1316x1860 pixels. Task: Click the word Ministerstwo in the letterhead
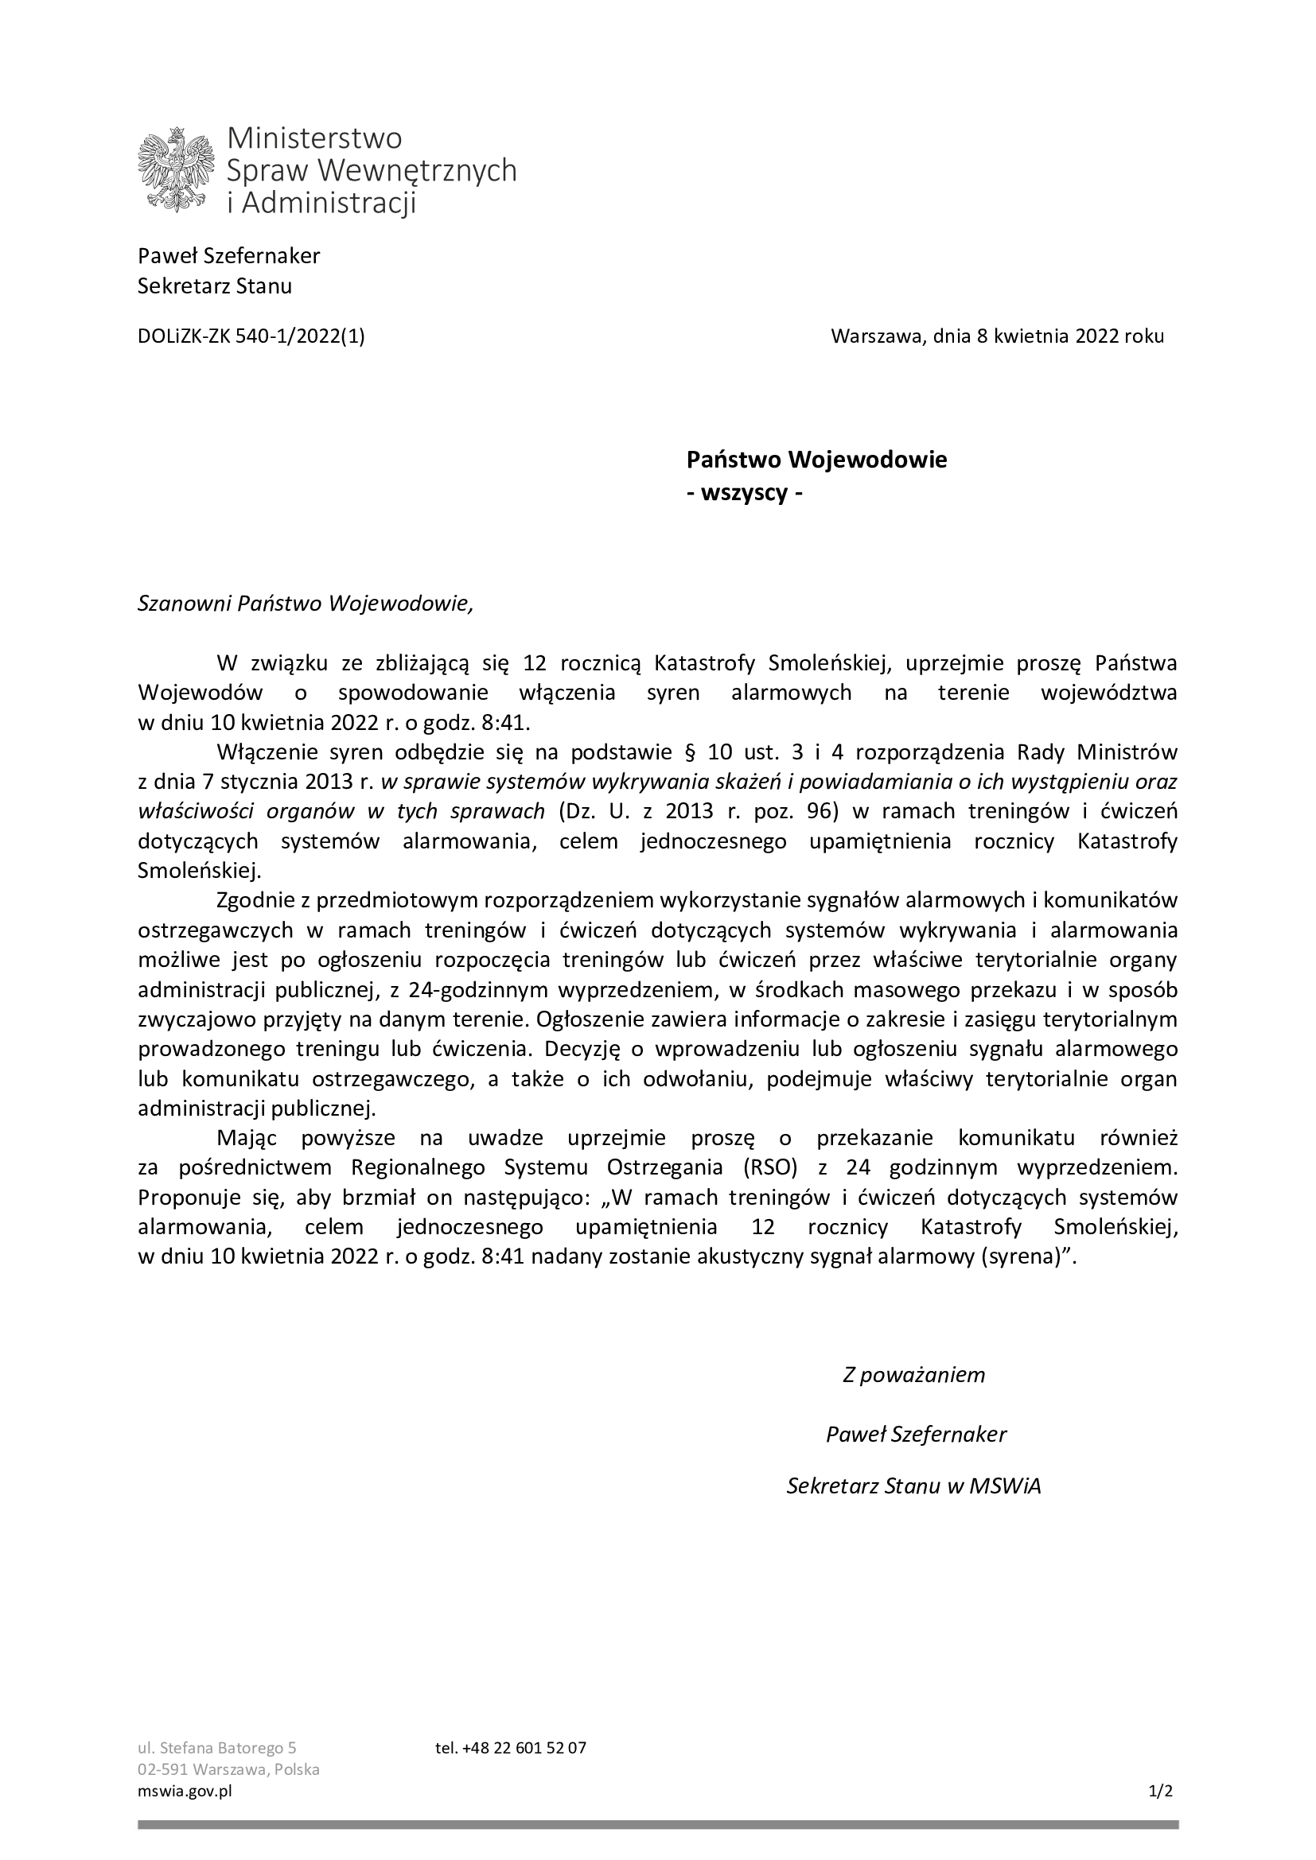pos(314,138)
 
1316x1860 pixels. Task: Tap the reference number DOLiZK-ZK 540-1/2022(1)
pos(251,336)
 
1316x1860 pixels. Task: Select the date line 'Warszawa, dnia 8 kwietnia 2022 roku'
pos(997,336)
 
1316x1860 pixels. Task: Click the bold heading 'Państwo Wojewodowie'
pos(816,460)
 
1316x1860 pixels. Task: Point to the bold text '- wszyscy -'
pos(744,493)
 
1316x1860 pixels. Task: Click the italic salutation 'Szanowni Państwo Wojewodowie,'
pos(305,604)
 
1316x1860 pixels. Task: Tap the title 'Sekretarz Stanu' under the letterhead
pos(215,286)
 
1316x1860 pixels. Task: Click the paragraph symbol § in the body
pos(690,751)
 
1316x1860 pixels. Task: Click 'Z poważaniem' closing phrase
pos(913,1375)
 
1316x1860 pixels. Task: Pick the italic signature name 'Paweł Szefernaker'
pos(916,1435)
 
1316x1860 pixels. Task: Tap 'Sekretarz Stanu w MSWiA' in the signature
pos(913,1486)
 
